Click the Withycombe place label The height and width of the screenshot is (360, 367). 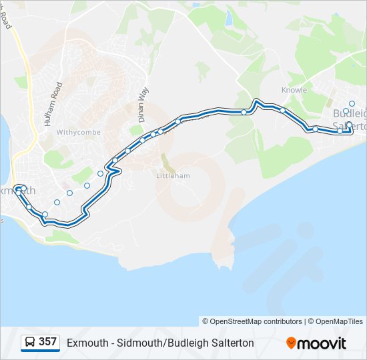79,132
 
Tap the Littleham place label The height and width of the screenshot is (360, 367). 173,176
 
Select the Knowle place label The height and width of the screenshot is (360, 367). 294,90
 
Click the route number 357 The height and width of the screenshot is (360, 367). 47,342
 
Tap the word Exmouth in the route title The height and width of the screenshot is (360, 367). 87,343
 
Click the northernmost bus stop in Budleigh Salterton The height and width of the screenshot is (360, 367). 352,103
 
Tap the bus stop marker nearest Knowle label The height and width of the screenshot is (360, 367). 283,110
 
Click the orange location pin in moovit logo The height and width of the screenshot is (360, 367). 292,343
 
